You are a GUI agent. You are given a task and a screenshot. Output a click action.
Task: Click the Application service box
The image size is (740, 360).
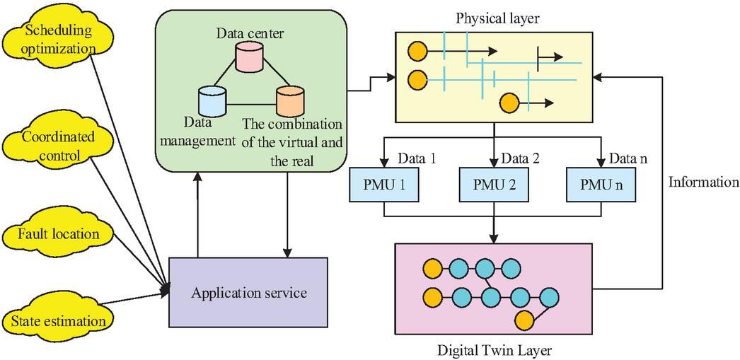click(248, 291)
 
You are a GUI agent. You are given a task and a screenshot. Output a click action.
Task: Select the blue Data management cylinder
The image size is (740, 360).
click(211, 101)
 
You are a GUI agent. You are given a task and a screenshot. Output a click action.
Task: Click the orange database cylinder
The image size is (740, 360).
click(289, 101)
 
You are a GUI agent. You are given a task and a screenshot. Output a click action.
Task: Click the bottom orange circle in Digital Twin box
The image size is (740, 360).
click(524, 318)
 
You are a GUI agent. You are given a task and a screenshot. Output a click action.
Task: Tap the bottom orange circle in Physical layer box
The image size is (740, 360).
click(509, 103)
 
